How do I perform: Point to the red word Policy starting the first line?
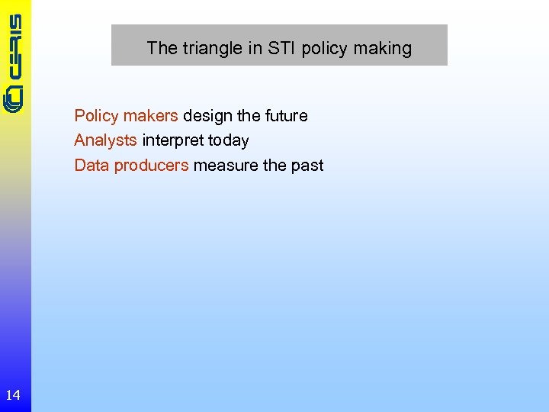[x=96, y=116]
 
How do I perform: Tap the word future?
[x=286, y=116]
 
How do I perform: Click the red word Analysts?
[x=105, y=140]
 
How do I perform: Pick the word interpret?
[x=172, y=141]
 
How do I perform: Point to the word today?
[x=227, y=141]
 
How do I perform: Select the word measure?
[x=226, y=166]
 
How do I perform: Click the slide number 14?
[x=13, y=394]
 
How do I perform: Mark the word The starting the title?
[x=162, y=48]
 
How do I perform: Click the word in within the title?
[x=255, y=48]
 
